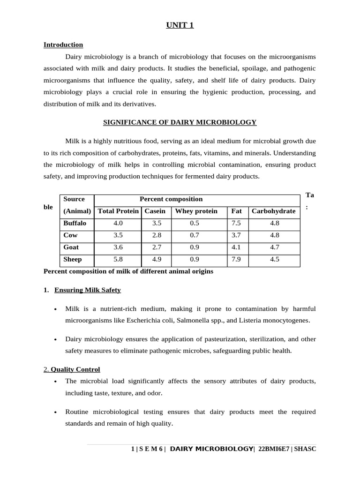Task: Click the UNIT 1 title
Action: point(180,25)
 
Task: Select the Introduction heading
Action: point(63,45)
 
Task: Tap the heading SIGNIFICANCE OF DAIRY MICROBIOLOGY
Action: point(180,122)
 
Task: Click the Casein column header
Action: point(155,211)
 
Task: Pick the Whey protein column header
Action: point(196,211)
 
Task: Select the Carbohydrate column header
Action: point(273,211)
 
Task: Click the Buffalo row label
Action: point(75,223)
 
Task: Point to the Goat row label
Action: point(71,247)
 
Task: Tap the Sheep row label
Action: point(73,259)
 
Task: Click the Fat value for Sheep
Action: point(236,259)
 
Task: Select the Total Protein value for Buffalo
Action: point(118,223)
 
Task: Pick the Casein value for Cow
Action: point(157,235)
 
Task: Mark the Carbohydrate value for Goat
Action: point(275,247)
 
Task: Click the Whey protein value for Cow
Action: point(194,235)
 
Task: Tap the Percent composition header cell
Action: point(171,199)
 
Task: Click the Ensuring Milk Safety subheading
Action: point(88,290)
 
